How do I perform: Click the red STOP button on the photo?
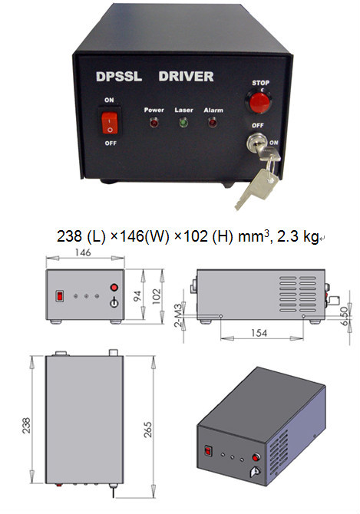[x=259, y=103]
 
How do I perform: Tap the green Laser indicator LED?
[x=183, y=124]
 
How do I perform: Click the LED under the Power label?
[x=154, y=123]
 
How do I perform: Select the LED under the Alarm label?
[x=213, y=123]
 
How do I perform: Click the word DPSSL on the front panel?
[x=119, y=77]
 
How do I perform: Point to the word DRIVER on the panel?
[x=186, y=77]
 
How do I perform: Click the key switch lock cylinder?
[x=255, y=142]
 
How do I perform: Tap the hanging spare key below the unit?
[x=257, y=189]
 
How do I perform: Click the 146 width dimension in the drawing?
[x=83, y=252]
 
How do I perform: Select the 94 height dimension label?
[x=137, y=295]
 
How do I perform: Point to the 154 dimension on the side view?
[x=259, y=333]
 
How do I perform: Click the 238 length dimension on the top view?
[x=26, y=426]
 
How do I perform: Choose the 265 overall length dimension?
[x=148, y=430]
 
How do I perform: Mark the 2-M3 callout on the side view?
[x=178, y=315]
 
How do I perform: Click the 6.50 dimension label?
[x=344, y=316]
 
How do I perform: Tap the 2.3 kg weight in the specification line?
[x=298, y=236]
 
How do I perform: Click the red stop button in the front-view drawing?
[x=114, y=288]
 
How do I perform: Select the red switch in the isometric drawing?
[x=207, y=451]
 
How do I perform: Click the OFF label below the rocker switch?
[x=111, y=143]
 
